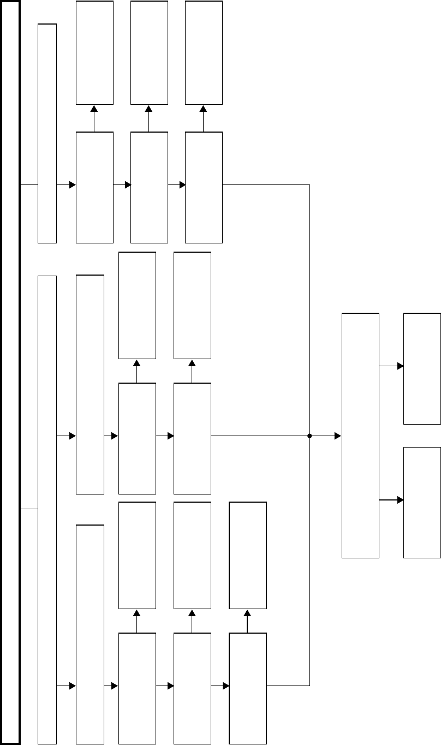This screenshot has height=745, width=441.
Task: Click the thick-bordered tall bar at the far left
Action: (11, 372)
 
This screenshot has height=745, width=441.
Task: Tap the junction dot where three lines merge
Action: (309, 436)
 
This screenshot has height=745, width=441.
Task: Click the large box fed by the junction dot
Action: (360, 436)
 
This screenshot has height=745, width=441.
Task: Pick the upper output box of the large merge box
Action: (422, 368)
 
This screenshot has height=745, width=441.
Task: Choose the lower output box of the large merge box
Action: (422, 502)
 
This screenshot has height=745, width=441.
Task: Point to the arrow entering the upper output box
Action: (400, 366)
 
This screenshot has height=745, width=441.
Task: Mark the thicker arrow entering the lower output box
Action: (400, 499)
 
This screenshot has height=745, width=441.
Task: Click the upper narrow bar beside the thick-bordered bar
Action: (47, 133)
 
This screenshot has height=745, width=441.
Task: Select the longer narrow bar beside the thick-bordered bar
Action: (47, 509)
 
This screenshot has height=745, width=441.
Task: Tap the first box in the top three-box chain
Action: (94, 187)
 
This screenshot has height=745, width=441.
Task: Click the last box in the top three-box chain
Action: (204, 187)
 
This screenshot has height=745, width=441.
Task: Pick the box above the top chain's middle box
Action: (149, 52)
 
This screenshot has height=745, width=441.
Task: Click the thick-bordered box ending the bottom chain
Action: (248, 688)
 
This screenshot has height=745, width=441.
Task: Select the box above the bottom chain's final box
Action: (248, 555)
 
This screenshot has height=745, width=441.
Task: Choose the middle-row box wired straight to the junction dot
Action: (192, 438)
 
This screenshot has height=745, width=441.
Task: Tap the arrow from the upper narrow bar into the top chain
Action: (72, 185)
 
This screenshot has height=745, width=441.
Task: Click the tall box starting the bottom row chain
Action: (90, 634)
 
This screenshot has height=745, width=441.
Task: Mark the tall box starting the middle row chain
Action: (90, 384)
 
